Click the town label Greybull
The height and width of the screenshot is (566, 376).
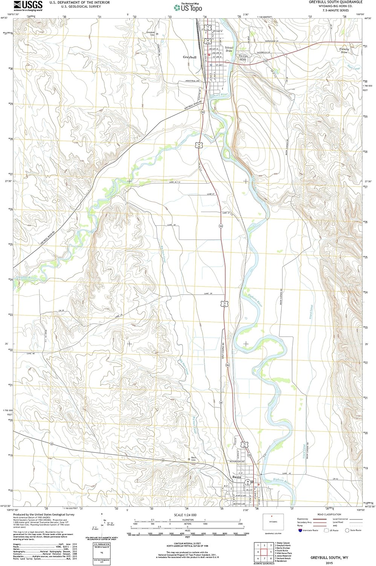(x=190, y=57)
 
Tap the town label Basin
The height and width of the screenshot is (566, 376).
(x=237, y=477)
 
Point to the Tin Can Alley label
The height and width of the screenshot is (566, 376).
(x=243, y=58)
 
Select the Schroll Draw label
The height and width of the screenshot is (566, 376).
(x=229, y=49)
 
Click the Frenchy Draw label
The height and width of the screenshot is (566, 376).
(x=344, y=50)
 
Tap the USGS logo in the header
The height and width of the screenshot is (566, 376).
(x=28, y=5)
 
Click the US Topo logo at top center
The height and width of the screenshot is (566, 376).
(x=188, y=8)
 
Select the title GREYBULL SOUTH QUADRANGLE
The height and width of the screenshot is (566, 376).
(x=335, y=2)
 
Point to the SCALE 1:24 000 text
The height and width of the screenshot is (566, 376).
(x=185, y=515)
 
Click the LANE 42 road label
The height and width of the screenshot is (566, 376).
(x=287, y=473)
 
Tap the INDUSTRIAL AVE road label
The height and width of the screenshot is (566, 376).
(x=192, y=81)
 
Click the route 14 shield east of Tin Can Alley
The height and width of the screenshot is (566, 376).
(x=266, y=60)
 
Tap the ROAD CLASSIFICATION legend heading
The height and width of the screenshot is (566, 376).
(x=329, y=514)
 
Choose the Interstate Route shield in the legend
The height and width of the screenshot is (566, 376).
(x=300, y=530)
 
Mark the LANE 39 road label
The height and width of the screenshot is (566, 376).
(x=208, y=293)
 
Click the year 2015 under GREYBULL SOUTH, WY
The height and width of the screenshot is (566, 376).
(x=329, y=563)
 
